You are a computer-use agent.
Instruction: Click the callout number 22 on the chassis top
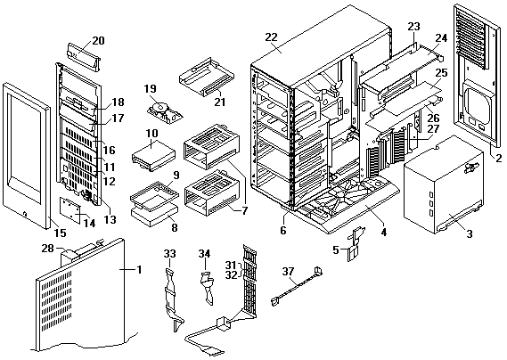tap(271, 37)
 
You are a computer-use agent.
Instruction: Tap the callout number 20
tap(98, 41)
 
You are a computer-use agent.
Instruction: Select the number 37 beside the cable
tap(288, 272)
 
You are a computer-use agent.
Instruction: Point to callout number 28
tap(48, 249)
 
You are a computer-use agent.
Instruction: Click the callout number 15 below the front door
tap(60, 233)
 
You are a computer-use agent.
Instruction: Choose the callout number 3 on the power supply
tap(470, 233)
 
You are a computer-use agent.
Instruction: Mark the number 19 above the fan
tap(151, 88)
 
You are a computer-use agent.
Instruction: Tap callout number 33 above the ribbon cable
tap(170, 254)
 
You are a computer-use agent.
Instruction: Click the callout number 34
tap(204, 254)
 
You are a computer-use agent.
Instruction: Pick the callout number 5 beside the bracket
tap(336, 250)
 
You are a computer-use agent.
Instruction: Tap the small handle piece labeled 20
tap(84, 57)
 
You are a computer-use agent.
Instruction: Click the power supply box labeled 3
tap(444, 185)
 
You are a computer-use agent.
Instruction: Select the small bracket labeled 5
tap(355, 243)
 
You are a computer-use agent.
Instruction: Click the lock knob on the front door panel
tap(25, 214)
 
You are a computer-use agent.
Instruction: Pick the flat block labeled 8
tap(154, 217)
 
